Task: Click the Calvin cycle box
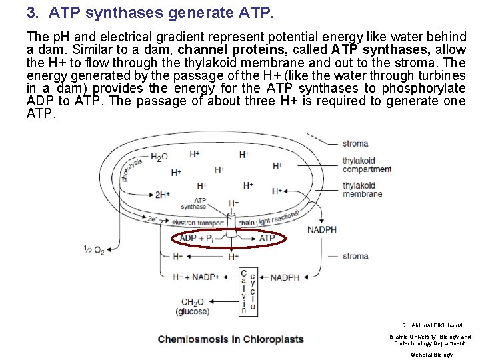point(244,291)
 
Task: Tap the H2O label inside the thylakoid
point(159,157)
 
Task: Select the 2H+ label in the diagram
point(162,195)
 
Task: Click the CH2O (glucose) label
point(193,306)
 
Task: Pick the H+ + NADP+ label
point(196,277)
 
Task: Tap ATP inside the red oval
point(267,238)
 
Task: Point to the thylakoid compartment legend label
point(367,165)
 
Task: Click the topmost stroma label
point(355,143)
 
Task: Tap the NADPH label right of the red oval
point(321,230)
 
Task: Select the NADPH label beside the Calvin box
point(284,277)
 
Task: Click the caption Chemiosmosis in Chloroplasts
point(230,339)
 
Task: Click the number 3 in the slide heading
point(31,13)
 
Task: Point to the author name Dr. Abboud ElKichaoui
point(429,325)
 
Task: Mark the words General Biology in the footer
point(431,354)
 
